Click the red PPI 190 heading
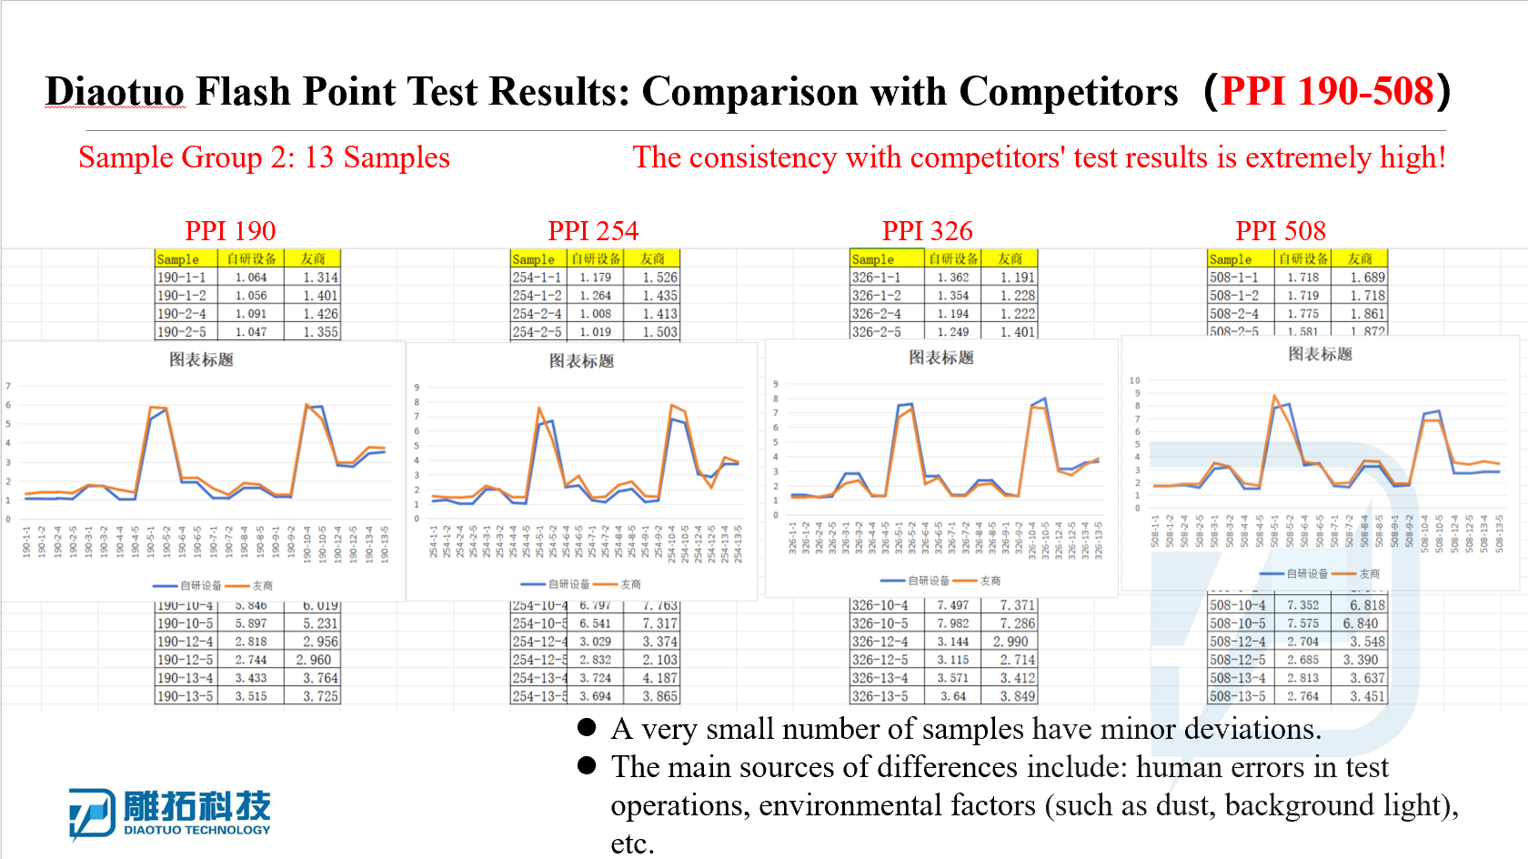pyautogui.click(x=230, y=231)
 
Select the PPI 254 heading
pyautogui.click(x=593, y=231)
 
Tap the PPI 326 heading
pyautogui.click(x=927, y=231)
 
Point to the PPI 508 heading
pyautogui.click(x=1280, y=231)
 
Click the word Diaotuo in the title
pyautogui.click(x=116, y=92)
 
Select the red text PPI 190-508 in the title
pyautogui.click(x=1327, y=92)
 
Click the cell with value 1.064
pyautogui.click(x=251, y=278)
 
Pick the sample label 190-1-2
pyautogui.click(x=182, y=296)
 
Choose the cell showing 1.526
pyautogui.click(x=659, y=278)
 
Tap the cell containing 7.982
pyautogui.click(x=952, y=623)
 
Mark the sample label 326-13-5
pyautogui.click(x=880, y=696)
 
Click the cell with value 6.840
pyautogui.click(x=1361, y=623)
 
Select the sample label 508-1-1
pyautogui.click(x=1234, y=278)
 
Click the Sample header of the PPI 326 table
pyautogui.click(x=873, y=259)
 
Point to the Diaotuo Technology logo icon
pyautogui.click(x=92, y=813)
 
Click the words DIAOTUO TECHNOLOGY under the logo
pyautogui.click(x=197, y=830)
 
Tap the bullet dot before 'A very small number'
pyautogui.click(x=587, y=727)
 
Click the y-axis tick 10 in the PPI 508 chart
pyautogui.click(x=1134, y=380)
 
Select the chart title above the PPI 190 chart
pyautogui.click(x=201, y=359)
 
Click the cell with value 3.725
pyautogui.click(x=320, y=696)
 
